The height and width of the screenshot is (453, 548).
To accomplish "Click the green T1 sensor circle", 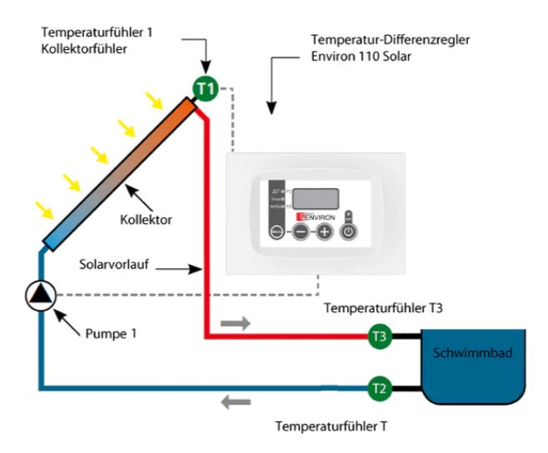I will click(x=205, y=87).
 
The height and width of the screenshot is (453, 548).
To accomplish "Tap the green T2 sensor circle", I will click(x=380, y=387).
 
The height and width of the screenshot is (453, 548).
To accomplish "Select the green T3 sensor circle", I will click(x=380, y=336).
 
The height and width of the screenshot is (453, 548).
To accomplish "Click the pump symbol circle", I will click(x=40, y=295).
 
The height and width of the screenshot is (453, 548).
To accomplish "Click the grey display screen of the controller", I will click(x=316, y=199).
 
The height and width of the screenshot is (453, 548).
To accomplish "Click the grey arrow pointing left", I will click(x=236, y=404).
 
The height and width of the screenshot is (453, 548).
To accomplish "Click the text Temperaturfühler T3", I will click(x=382, y=308).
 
